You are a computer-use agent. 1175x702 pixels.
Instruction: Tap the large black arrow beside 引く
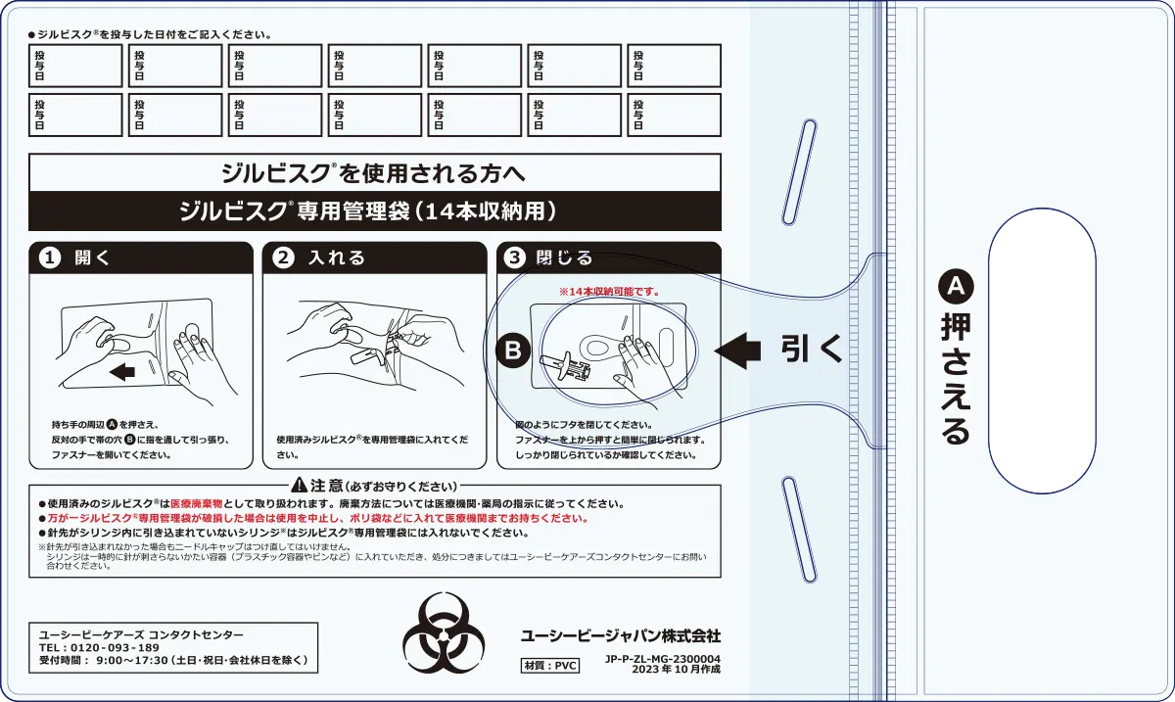pos(737,348)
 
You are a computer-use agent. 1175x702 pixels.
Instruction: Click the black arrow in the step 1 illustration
pos(123,372)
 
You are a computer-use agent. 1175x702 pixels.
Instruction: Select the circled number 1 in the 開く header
pos(48,258)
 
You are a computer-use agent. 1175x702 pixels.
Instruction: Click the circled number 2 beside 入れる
pos(283,258)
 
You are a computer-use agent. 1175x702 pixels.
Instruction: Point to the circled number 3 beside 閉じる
pos(515,258)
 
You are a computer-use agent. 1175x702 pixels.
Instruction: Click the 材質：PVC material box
pos(550,665)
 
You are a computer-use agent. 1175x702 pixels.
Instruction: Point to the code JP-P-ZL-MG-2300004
pos(663,659)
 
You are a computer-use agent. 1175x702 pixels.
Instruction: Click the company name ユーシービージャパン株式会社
pos(621,635)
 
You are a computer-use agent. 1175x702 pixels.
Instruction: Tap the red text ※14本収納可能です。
pos(609,292)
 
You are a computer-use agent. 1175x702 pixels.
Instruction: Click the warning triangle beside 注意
pos(299,486)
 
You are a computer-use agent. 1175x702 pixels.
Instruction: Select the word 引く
pos(811,349)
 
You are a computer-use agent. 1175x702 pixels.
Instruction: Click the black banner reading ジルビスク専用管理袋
pos(375,211)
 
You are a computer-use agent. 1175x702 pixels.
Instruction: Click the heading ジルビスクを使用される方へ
pos(375,173)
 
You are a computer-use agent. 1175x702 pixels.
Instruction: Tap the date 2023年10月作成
pos(676,670)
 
